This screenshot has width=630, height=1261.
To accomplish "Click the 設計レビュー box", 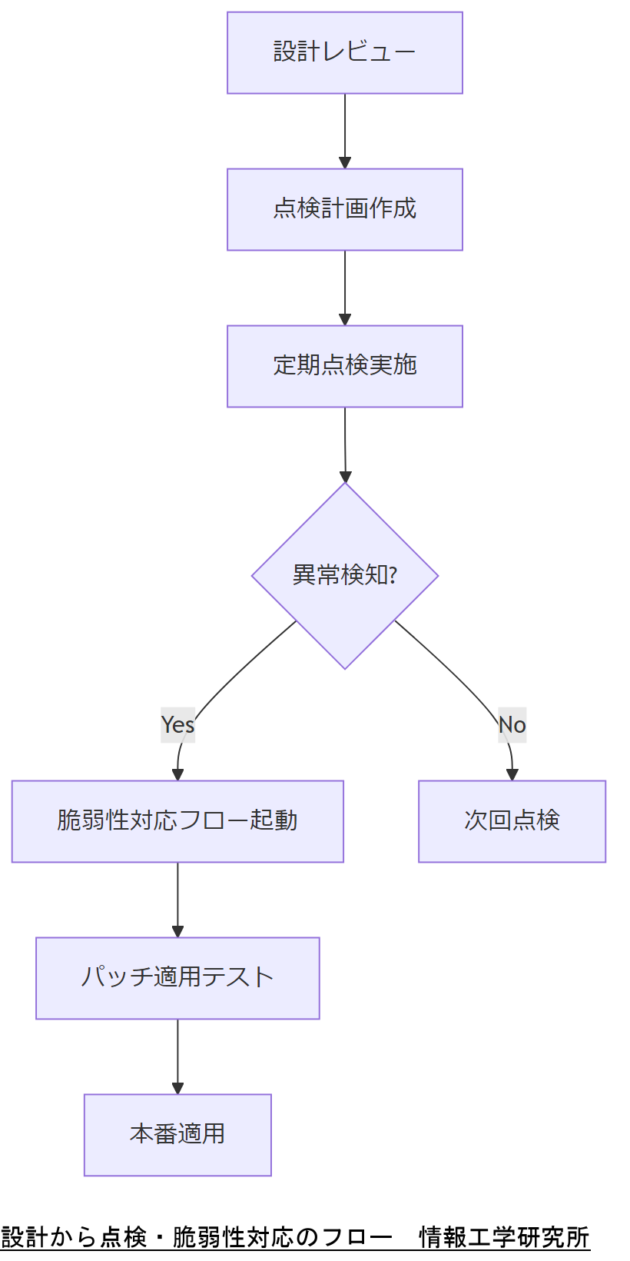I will click(x=344, y=52).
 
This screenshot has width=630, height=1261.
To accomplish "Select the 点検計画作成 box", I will click(x=344, y=209).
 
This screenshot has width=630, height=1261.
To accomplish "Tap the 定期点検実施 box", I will click(x=344, y=366).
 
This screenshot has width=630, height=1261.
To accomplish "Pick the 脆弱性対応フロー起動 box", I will click(x=177, y=821).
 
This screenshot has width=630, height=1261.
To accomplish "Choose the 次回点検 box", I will click(x=512, y=821).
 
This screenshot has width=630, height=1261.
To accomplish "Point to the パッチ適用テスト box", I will click(x=177, y=978).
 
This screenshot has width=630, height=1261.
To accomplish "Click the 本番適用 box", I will click(x=177, y=1135).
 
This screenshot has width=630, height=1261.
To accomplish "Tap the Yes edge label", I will click(x=177, y=724).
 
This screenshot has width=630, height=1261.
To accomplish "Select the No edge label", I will click(x=512, y=724).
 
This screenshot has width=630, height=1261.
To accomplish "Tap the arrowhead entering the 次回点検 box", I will click(x=512, y=775).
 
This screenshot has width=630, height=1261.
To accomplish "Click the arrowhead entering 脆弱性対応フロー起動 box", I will click(x=177, y=775).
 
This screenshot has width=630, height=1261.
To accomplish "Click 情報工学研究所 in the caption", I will click(x=504, y=1237).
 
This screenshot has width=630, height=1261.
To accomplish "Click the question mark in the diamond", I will click(x=393, y=574).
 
